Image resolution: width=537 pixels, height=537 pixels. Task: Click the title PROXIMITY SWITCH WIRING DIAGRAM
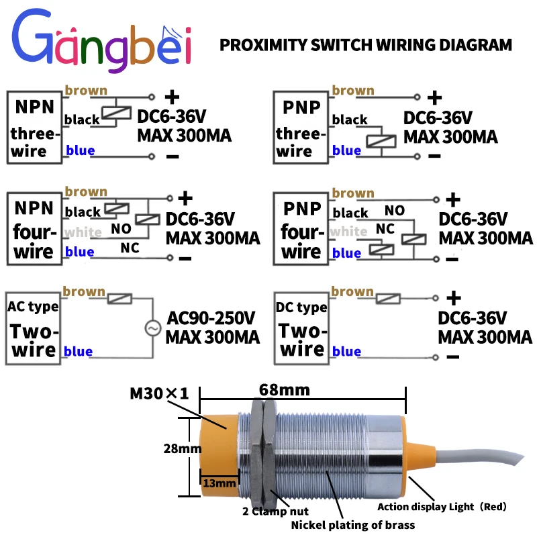pos(366,46)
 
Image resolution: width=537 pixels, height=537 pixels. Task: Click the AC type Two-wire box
pos(33,327)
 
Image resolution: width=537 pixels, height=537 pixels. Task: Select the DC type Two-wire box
pos(301,327)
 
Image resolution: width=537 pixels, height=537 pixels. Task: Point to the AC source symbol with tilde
pos(152,328)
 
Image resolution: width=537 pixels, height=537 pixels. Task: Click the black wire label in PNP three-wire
pos(350,120)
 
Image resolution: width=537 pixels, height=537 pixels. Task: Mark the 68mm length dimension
pos(285,390)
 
